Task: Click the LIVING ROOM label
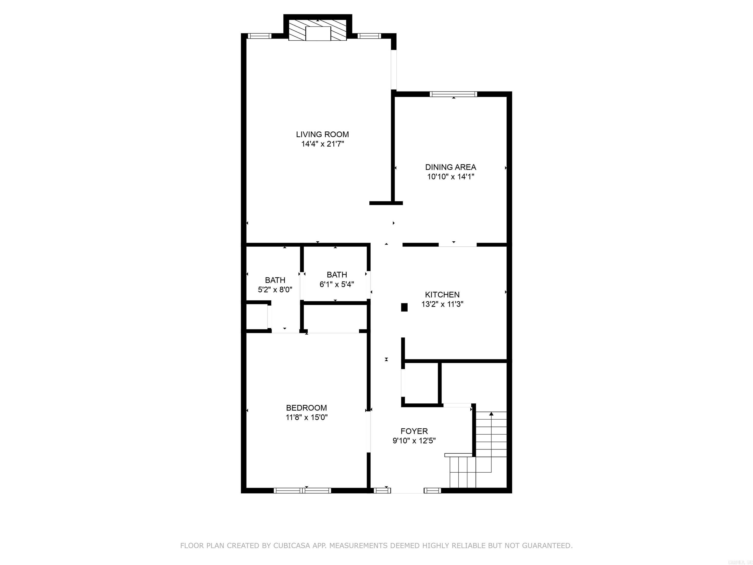click(x=322, y=135)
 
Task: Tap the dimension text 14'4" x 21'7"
click(x=322, y=144)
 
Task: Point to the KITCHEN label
click(x=442, y=295)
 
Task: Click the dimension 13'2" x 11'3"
click(x=442, y=304)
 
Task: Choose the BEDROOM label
click(x=306, y=408)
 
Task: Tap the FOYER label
click(x=414, y=431)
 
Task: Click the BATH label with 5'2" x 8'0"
click(x=275, y=280)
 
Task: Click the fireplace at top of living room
click(x=318, y=30)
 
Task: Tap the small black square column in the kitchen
click(x=404, y=307)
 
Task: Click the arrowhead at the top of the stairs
click(x=491, y=414)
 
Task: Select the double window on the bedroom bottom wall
click(x=302, y=490)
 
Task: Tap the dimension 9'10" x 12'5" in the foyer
click(x=414, y=441)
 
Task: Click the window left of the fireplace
click(x=259, y=36)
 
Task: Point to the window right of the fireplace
click(x=369, y=36)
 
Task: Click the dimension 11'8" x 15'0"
click(x=306, y=417)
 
